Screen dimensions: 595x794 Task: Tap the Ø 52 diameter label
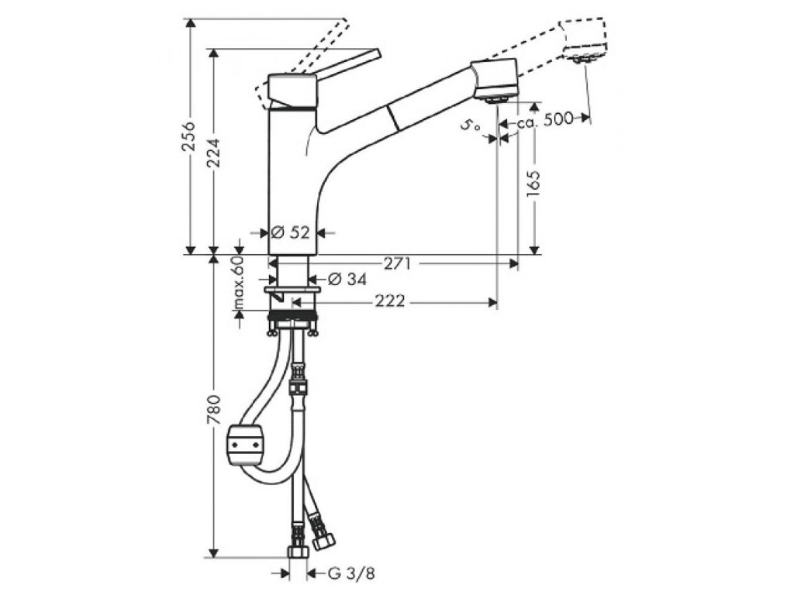click(290, 232)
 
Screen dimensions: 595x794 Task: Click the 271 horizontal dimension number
click(397, 263)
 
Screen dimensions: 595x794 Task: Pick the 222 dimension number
click(389, 301)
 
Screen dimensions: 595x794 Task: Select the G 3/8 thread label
click(346, 574)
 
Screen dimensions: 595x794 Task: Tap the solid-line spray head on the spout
click(496, 80)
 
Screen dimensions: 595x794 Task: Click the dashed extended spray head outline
click(585, 41)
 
